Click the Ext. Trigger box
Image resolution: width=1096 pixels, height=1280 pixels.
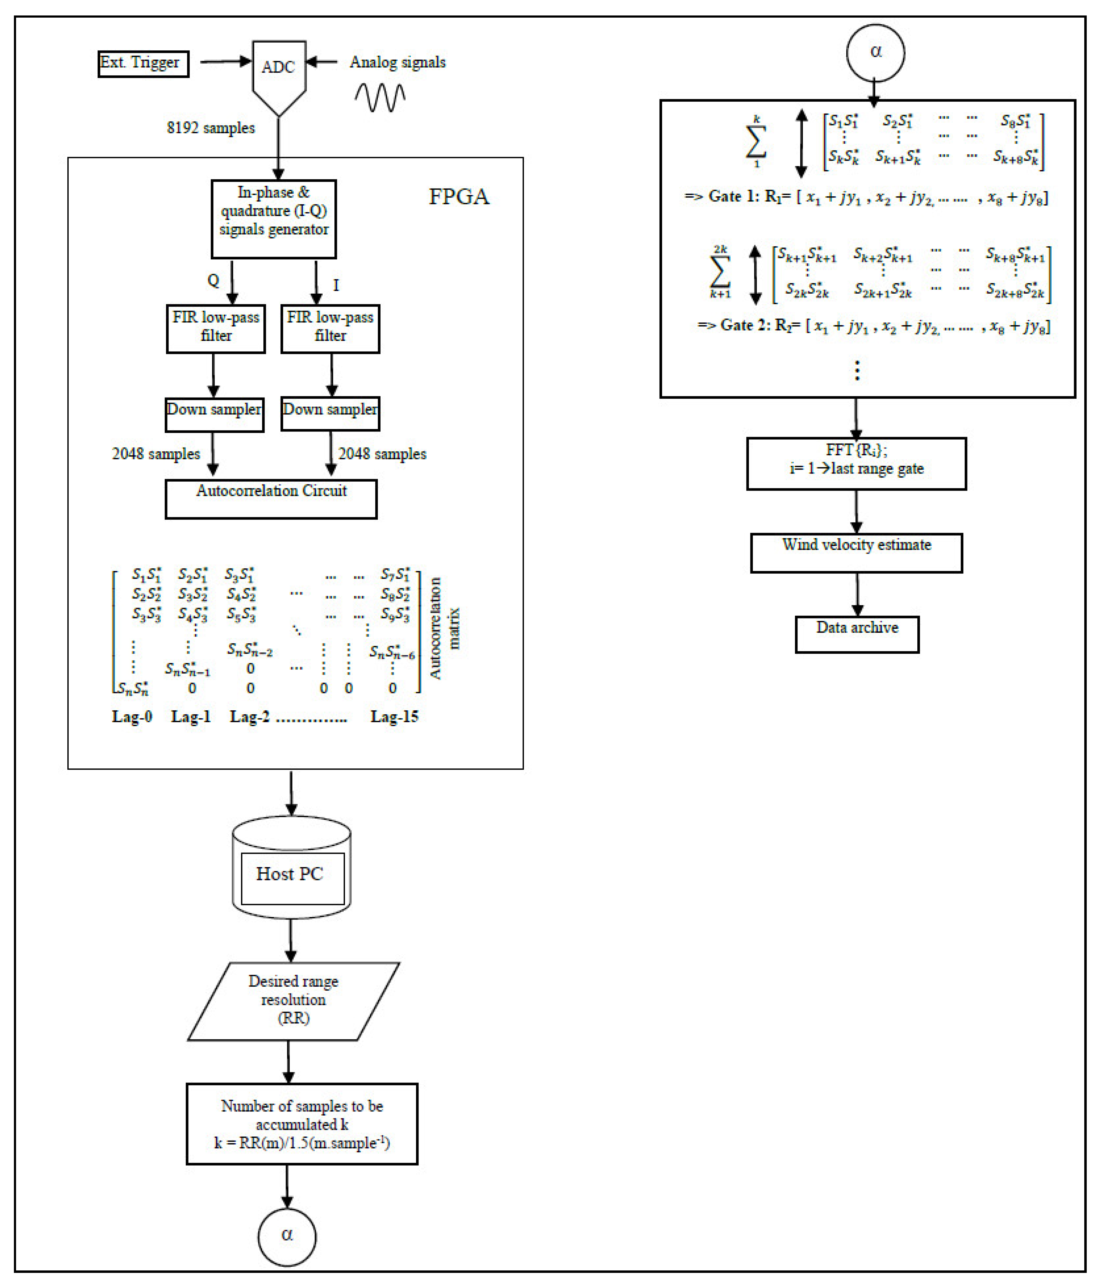coord(143,64)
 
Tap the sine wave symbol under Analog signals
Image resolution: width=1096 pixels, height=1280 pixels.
coord(379,98)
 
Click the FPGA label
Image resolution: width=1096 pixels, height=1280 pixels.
coord(458,197)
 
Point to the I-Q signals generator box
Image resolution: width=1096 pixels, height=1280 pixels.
coord(274,219)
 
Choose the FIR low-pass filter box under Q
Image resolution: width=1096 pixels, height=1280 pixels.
coord(216,329)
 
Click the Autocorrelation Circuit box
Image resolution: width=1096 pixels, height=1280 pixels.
coord(271,499)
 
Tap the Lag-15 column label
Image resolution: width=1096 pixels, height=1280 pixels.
coord(394,717)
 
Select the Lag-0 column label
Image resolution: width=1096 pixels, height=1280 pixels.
coord(132,717)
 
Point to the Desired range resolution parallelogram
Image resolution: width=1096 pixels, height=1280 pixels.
coord(293,1001)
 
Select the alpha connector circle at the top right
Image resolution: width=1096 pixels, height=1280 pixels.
coord(875,53)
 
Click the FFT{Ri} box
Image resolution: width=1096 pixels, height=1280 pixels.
coord(856,463)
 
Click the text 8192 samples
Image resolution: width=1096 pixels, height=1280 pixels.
coord(211,128)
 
